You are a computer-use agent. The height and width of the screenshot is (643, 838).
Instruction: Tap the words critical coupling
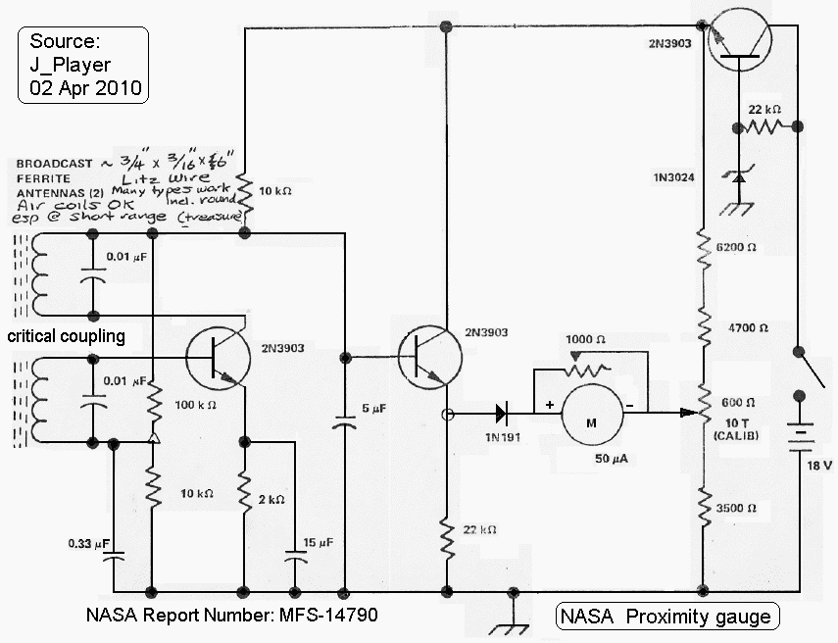click(67, 336)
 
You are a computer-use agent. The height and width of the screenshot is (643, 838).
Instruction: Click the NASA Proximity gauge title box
click(667, 617)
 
